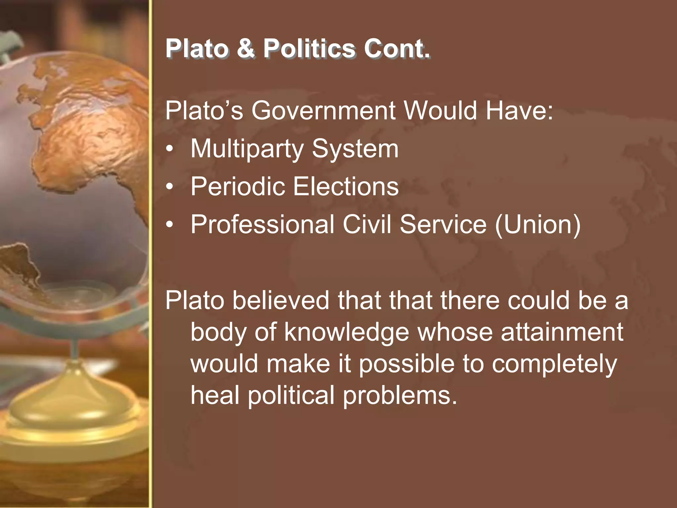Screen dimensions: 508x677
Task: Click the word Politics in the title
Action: click(309, 49)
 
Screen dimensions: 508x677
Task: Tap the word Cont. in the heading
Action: click(397, 49)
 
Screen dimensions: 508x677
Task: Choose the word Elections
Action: click(346, 187)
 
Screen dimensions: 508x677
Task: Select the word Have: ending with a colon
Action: click(519, 110)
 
